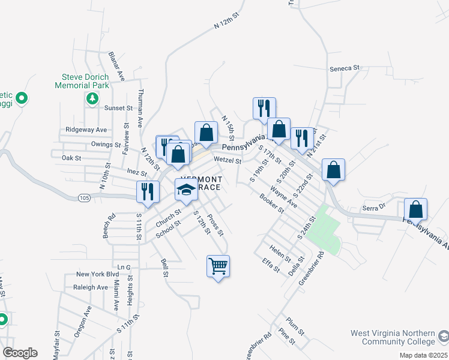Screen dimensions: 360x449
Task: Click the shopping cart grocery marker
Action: tap(218, 265)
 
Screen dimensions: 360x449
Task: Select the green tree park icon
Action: tap(92, 99)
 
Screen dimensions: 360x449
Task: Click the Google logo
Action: tap(20, 353)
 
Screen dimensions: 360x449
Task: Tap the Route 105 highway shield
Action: tap(83, 198)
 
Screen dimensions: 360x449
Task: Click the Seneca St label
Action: tap(344, 68)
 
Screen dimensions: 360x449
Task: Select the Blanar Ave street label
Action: tap(115, 66)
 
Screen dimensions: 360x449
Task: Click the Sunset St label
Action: tap(118, 108)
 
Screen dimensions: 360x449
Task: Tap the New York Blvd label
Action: tap(97, 274)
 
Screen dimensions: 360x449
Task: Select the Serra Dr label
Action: tap(372, 206)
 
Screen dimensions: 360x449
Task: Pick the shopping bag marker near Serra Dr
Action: tap(416, 209)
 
